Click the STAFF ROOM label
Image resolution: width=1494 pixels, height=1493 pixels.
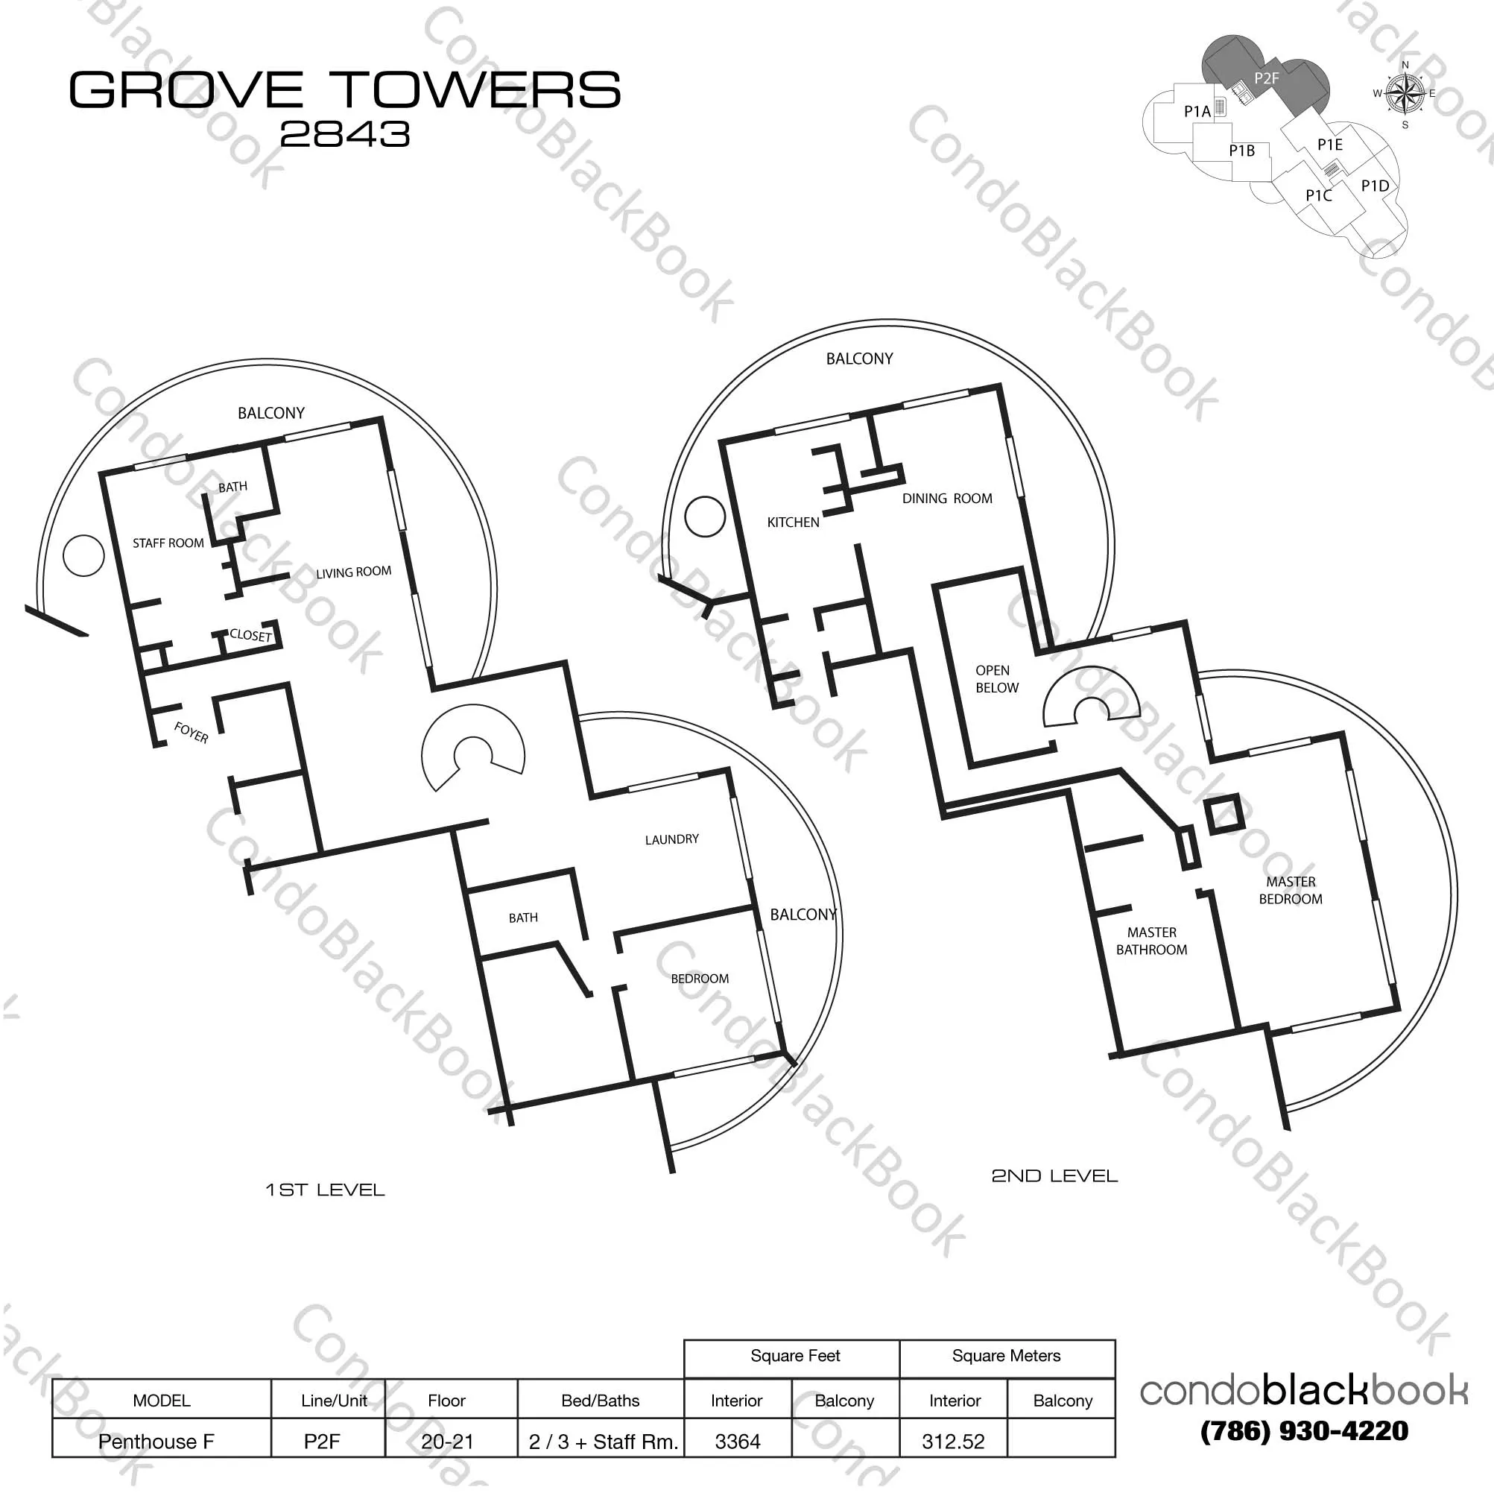[x=168, y=543]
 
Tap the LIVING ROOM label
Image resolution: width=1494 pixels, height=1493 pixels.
[x=353, y=572]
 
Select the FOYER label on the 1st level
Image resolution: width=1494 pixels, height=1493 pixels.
[x=191, y=733]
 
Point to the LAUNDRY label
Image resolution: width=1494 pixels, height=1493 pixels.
[x=672, y=839]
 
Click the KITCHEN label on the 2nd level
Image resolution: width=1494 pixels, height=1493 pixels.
[x=794, y=523]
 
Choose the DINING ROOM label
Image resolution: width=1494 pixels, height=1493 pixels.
[x=947, y=499]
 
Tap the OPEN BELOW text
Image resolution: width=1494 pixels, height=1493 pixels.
[x=997, y=679]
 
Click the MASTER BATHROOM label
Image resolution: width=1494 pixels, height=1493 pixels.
[x=1151, y=941]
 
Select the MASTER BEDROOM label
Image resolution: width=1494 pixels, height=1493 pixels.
[x=1291, y=891]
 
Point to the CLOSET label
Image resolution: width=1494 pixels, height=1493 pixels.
[x=250, y=635]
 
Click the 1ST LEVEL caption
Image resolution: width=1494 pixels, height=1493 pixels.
[x=325, y=1190]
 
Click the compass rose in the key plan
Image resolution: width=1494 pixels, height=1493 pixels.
[x=1406, y=94]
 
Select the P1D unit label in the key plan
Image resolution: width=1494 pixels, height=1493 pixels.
[x=1375, y=186]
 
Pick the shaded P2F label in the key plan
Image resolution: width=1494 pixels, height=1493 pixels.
[x=1267, y=78]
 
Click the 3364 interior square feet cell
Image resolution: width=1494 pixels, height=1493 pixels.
[x=738, y=1442]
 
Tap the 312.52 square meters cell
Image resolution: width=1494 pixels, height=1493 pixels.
[x=954, y=1442]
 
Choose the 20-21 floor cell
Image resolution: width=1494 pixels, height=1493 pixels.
[x=447, y=1442]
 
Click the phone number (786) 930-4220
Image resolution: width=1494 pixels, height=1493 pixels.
[x=1305, y=1431]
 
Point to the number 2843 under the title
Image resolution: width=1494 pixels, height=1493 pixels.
[x=345, y=135]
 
